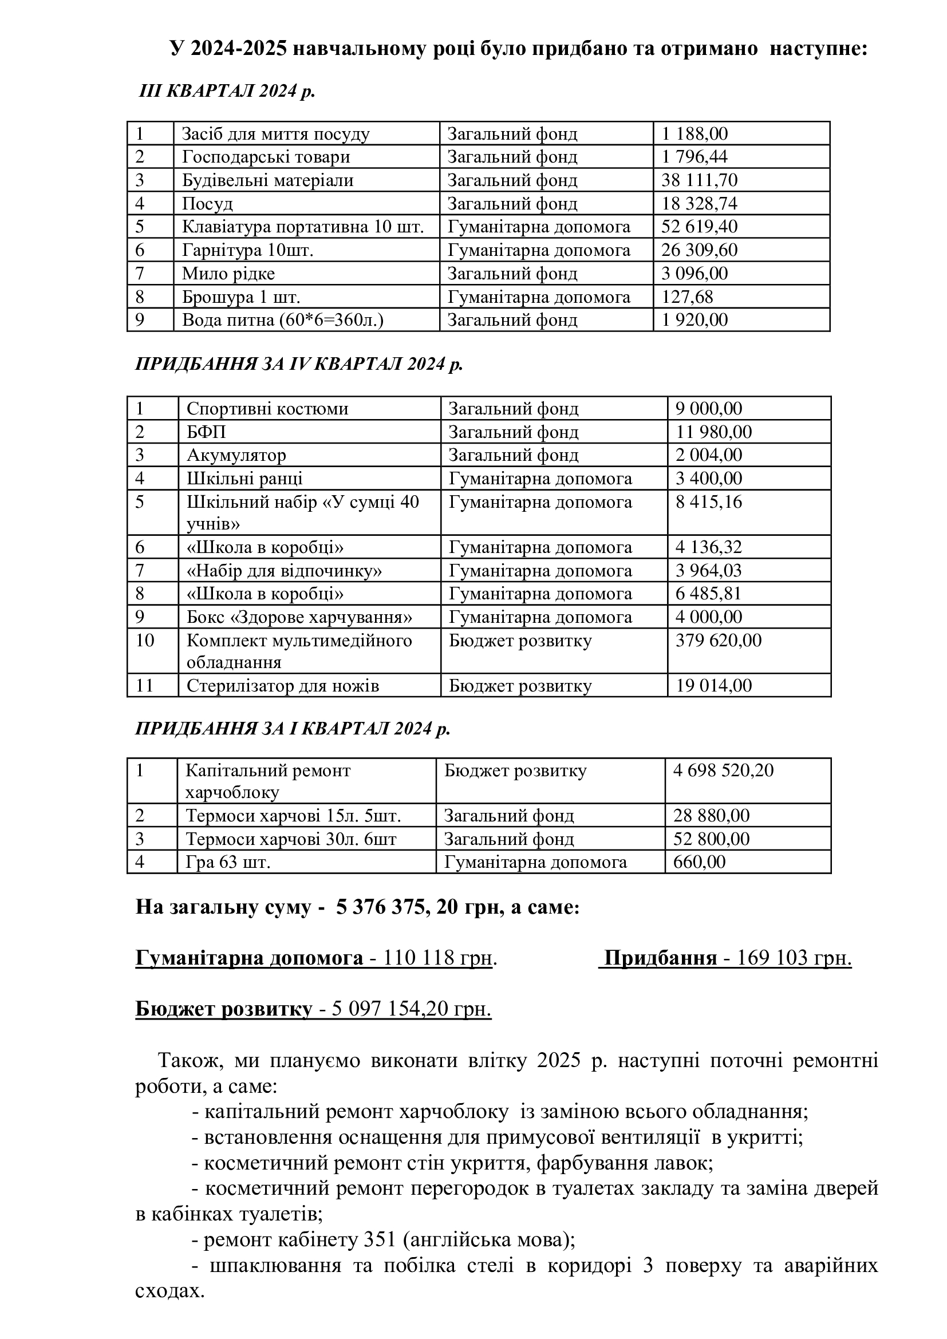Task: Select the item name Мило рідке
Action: (x=228, y=274)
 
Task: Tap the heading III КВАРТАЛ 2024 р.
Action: (x=227, y=91)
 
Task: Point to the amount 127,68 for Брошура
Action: (x=686, y=297)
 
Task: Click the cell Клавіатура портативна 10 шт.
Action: (x=303, y=227)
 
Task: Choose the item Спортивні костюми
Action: (x=267, y=408)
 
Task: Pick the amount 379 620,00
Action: (x=718, y=641)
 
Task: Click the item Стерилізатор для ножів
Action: (x=282, y=686)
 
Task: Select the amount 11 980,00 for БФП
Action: (x=713, y=432)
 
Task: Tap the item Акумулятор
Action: (x=236, y=455)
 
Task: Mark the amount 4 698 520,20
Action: (x=723, y=770)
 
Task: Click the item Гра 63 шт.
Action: (x=228, y=862)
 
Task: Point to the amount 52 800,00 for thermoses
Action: (x=711, y=839)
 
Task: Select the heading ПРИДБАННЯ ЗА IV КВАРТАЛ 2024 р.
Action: (x=298, y=364)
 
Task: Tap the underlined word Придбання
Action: (x=660, y=958)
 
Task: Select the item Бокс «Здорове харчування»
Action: (x=299, y=617)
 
